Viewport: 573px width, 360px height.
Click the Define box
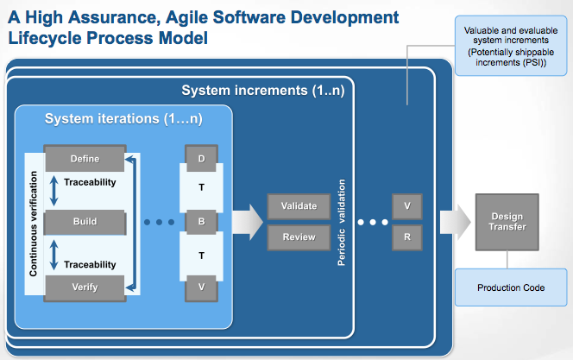(x=85, y=158)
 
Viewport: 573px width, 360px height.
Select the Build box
(x=85, y=222)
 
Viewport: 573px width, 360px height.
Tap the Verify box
(x=85, y=288)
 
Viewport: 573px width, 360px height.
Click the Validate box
(x=299, y=206)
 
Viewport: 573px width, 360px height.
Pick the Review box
(x=299, y=237)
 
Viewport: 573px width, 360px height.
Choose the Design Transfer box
(x=507, y=222)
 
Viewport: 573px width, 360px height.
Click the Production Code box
(x=511, y=287)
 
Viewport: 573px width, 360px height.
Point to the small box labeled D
(x=201, y=158)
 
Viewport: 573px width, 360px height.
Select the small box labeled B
(x=201, y=222)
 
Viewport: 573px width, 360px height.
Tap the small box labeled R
(x=407, y=237)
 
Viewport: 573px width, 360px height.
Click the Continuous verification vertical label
(x=34, y=224)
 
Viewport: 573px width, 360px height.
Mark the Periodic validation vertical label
(x=342, y=222)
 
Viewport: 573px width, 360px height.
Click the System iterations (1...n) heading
(x=123, y=119)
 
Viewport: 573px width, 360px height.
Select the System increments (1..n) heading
(x=263, y=91)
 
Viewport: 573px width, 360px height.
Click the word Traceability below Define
(x=90, y=182)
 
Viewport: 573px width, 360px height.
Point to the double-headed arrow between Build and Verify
(x=54, y=255)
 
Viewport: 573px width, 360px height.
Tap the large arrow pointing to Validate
(x=248, y=222)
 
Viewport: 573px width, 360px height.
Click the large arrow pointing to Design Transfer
(x=456, y=222)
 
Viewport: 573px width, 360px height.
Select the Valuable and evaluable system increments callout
(x=511, y=46)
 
